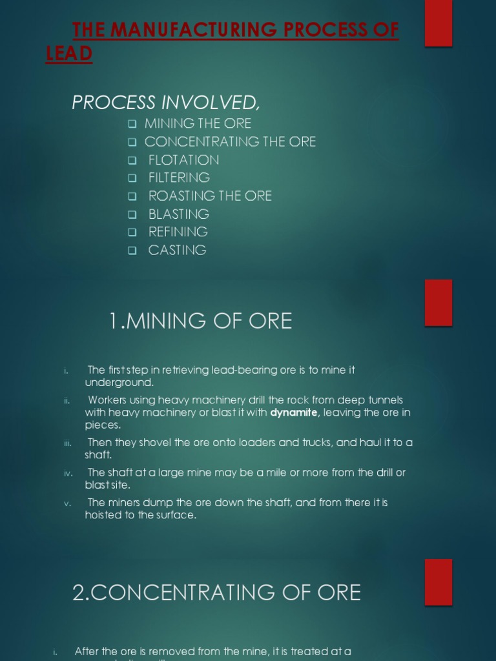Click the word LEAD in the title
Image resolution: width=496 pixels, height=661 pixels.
69,54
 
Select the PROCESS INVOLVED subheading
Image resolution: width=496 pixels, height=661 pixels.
166,103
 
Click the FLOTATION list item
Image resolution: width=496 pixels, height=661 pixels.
183,159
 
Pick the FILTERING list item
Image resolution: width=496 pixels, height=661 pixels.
179,178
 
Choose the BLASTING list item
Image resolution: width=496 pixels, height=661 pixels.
179,214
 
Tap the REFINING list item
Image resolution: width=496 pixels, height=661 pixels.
178,232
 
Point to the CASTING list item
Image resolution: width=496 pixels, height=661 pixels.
178,250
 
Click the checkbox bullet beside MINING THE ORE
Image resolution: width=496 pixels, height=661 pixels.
132,124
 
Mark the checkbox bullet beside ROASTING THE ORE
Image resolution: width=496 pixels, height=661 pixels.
132,196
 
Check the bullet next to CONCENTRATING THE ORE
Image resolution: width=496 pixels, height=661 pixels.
132,142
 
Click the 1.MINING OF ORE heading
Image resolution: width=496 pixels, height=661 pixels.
200,321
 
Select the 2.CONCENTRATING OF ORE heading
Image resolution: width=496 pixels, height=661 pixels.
216,593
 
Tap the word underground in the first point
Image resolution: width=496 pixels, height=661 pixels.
119,383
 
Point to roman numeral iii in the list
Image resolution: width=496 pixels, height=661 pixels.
67,443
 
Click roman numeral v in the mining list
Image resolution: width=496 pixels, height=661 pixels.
67,503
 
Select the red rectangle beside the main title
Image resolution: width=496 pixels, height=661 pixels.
438,23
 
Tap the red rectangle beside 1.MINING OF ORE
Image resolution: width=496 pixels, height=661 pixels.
438,302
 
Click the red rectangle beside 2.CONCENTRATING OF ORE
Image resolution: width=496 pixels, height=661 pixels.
438,582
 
